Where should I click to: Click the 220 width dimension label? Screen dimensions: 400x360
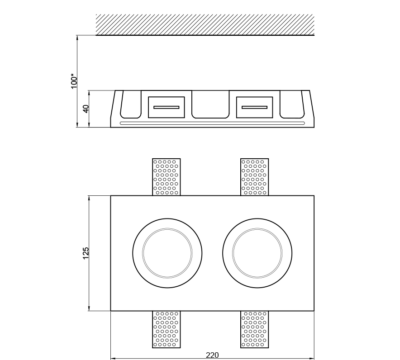tap(212, 355)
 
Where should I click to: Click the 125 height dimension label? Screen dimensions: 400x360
tap(86, 253)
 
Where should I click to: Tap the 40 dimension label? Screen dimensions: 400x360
tap(86, 109)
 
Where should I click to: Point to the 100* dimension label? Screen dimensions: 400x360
tap(74, 81)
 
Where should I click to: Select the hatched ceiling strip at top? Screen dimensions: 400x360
tap(205, 25)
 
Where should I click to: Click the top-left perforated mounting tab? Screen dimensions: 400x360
tap(166, 177)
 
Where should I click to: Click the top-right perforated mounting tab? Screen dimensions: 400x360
tap(254, 177)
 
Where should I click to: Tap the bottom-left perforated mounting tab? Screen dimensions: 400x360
tap(166, 329)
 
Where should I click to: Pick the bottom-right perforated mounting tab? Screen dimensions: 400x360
tap(254, 329)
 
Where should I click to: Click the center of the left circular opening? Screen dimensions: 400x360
tap(167, 253)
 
